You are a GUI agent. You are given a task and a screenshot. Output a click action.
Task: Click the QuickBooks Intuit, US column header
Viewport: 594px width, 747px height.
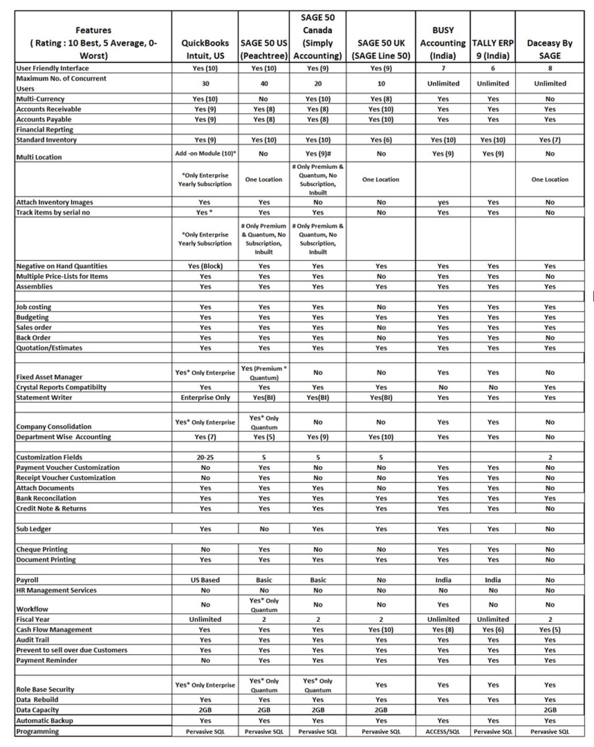[205, 49]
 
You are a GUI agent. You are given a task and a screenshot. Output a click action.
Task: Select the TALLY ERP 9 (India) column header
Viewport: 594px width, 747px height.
[493, 49]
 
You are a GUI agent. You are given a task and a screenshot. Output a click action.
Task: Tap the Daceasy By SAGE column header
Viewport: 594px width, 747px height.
[550, 49]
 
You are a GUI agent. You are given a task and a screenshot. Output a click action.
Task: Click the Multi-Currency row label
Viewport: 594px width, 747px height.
[40, 99]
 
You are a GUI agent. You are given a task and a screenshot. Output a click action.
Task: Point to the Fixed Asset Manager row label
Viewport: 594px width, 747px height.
[49, 377]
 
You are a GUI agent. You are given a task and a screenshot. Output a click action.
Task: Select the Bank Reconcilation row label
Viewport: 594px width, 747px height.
[46, 498]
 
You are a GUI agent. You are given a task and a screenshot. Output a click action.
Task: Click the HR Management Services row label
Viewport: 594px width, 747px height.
[56, 591]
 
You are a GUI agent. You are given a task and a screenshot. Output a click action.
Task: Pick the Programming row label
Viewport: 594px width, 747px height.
[37, 732]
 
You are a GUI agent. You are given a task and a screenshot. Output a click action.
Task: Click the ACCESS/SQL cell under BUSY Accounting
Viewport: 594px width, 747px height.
[443, 732]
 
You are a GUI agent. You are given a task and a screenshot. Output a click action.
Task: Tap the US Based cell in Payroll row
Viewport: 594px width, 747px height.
[205, 580]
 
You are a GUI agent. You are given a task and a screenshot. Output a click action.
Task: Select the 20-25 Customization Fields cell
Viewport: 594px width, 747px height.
[205, 457]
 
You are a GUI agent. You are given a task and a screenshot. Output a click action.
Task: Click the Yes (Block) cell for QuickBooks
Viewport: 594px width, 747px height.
[205, 266]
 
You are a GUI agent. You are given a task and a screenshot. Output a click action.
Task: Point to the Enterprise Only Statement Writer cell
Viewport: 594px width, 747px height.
[205, 398]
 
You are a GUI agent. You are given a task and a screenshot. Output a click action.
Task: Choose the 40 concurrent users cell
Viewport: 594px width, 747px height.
[264, 84]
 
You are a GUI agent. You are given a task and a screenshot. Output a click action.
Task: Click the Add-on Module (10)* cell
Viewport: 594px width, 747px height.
[205, 154]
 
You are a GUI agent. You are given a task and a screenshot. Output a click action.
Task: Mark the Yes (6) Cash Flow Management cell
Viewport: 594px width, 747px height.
[493, 629]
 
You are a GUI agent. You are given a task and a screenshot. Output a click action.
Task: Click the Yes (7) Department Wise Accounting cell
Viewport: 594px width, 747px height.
[205, 437]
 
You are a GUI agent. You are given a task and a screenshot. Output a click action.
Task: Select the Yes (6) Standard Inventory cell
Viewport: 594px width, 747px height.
[381, 140]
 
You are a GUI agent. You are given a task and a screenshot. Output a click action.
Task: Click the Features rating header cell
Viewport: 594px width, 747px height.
[93, 43]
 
